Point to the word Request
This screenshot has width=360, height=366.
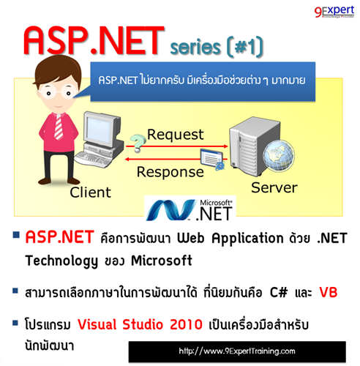point(176,135)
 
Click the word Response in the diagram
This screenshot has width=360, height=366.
point(170,172)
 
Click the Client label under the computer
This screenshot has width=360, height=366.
point(90,193)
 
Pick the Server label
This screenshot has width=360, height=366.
point(274,187)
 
